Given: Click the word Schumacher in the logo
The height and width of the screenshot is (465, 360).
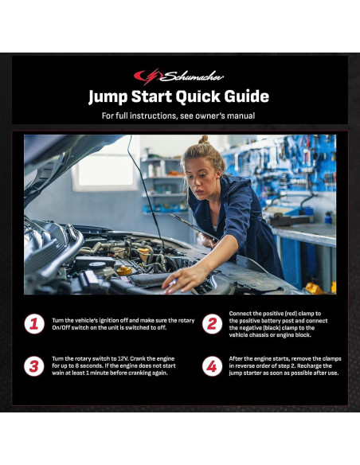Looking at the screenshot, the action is [x=192, y=76].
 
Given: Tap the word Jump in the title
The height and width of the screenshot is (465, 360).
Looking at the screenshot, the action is [x=108, y=97].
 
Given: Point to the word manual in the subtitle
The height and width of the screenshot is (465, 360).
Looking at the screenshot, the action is [x=241, y=115].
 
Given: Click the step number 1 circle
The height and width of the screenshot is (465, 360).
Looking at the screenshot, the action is [x=34, y=324].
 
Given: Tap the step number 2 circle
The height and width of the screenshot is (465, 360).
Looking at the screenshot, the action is [x=212, y=324].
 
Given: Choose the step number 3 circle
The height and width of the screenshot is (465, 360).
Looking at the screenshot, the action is [x=34, y=366].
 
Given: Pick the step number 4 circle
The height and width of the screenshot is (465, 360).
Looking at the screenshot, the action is [x=212, y=366].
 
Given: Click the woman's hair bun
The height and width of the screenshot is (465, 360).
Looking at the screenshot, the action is [x=203, y=139].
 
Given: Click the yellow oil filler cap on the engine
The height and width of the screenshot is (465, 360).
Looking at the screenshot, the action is [x=124, y=270].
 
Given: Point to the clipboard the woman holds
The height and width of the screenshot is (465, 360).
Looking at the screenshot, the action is [x=194, y=227].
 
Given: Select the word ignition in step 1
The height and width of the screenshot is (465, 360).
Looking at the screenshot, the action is [x=109, y=321].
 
